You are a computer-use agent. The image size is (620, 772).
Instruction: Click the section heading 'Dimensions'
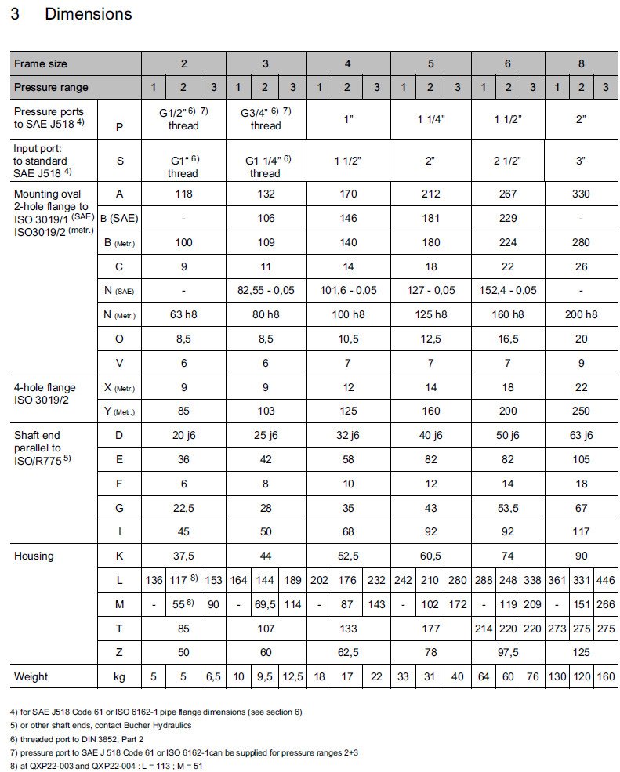pyautogui.click(x=88, y=14)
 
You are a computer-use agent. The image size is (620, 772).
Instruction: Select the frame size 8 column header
pyautogui.click(x=581, y=63)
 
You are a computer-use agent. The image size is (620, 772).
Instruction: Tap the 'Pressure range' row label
pyautogui.click(x=51, y=87)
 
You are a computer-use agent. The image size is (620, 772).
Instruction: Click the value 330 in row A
pyautogui.click(x=581, y=194)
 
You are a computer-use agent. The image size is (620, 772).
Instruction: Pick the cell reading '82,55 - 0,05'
pyautogui.click(x=266, y=290)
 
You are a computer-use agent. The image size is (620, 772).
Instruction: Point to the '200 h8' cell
pyautogui.click(x=581, y=314)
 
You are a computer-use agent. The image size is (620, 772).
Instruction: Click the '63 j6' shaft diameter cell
pyautogui.click(x=581, y=435)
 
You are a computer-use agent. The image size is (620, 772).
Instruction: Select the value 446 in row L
pyautogui.click(x=605, y=580)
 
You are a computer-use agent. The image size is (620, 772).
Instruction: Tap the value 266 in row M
pyautogui.click(x=605, y=604)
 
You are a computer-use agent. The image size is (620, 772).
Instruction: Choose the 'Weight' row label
pyautogui.click(x=31, y=676)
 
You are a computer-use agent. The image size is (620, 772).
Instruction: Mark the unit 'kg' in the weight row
pyautogui.click(x=119, y=676)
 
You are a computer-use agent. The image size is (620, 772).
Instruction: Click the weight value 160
pyautogui.click(x=605, y=676)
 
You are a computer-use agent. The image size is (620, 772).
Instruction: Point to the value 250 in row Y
pyautogui.click(x=581, y=411)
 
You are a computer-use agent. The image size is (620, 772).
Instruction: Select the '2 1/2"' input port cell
pyautogui.click(x=508, y=161)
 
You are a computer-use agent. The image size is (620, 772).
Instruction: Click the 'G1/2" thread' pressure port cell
pyautogui.click(x=183, y=118)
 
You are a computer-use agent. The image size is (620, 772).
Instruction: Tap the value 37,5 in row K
pyautogui.click(x=183, y=556)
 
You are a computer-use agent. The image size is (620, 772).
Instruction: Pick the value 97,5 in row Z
pyautogui.click(x=508, y=652)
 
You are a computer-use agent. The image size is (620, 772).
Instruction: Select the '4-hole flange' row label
pyautogui.click(x=45, y=386)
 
